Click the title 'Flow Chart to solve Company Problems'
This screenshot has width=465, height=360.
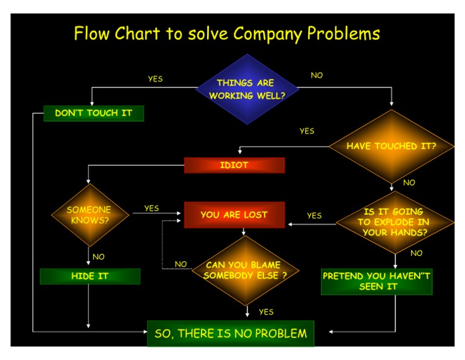point(227,33)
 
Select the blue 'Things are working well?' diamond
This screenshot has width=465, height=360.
point(246,89)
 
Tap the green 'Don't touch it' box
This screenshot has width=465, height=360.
point(94,113)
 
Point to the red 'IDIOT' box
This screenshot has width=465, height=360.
point(234,165)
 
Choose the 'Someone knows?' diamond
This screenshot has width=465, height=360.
point(89,215)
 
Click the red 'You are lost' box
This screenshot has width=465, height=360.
point(234,215)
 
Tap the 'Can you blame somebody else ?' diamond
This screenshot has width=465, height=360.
point(245,270)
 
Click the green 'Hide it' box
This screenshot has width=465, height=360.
point(90,276)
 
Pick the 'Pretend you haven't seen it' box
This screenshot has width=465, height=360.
point(377,281)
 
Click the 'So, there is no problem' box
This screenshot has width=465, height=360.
point(231,333)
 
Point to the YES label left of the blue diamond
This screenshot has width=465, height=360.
point(155,79)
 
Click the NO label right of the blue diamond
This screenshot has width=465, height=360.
point(317,76)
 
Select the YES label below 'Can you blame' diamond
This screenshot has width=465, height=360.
point(266,312)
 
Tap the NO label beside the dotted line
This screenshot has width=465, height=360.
point(180,264)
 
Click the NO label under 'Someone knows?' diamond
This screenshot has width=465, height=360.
point(98,257)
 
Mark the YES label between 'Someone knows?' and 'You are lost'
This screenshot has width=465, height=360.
point(151,208)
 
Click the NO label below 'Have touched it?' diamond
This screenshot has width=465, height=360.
point(409,182)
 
